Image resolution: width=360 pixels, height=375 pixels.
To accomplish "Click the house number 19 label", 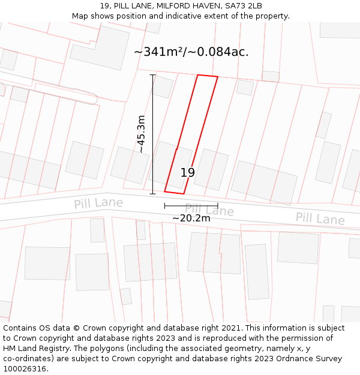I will (x=188, y=173).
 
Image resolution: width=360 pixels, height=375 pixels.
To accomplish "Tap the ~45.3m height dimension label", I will (x=142, y=134).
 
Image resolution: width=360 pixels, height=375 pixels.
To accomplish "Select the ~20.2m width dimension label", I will (x=191, y=218).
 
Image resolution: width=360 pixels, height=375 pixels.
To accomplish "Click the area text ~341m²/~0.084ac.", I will (x=191, y=52).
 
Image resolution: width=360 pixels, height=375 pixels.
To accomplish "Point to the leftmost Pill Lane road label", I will (x=98, y=203).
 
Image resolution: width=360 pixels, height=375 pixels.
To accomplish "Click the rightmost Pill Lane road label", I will (x=320, y=218).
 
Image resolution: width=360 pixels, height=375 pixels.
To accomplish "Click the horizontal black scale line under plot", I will (x=191, y=206).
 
